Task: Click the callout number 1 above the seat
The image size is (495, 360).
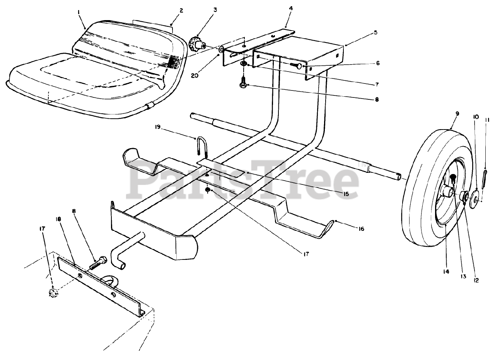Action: [79, 13]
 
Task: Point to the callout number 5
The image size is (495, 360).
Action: [376, 33]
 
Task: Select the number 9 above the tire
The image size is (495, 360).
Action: [457, 114]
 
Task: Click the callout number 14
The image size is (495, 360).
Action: [446, 272]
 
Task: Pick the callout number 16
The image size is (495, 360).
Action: [361, 229]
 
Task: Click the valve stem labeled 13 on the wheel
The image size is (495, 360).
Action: [453, 178]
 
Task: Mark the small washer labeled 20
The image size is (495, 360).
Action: [221, 49]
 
